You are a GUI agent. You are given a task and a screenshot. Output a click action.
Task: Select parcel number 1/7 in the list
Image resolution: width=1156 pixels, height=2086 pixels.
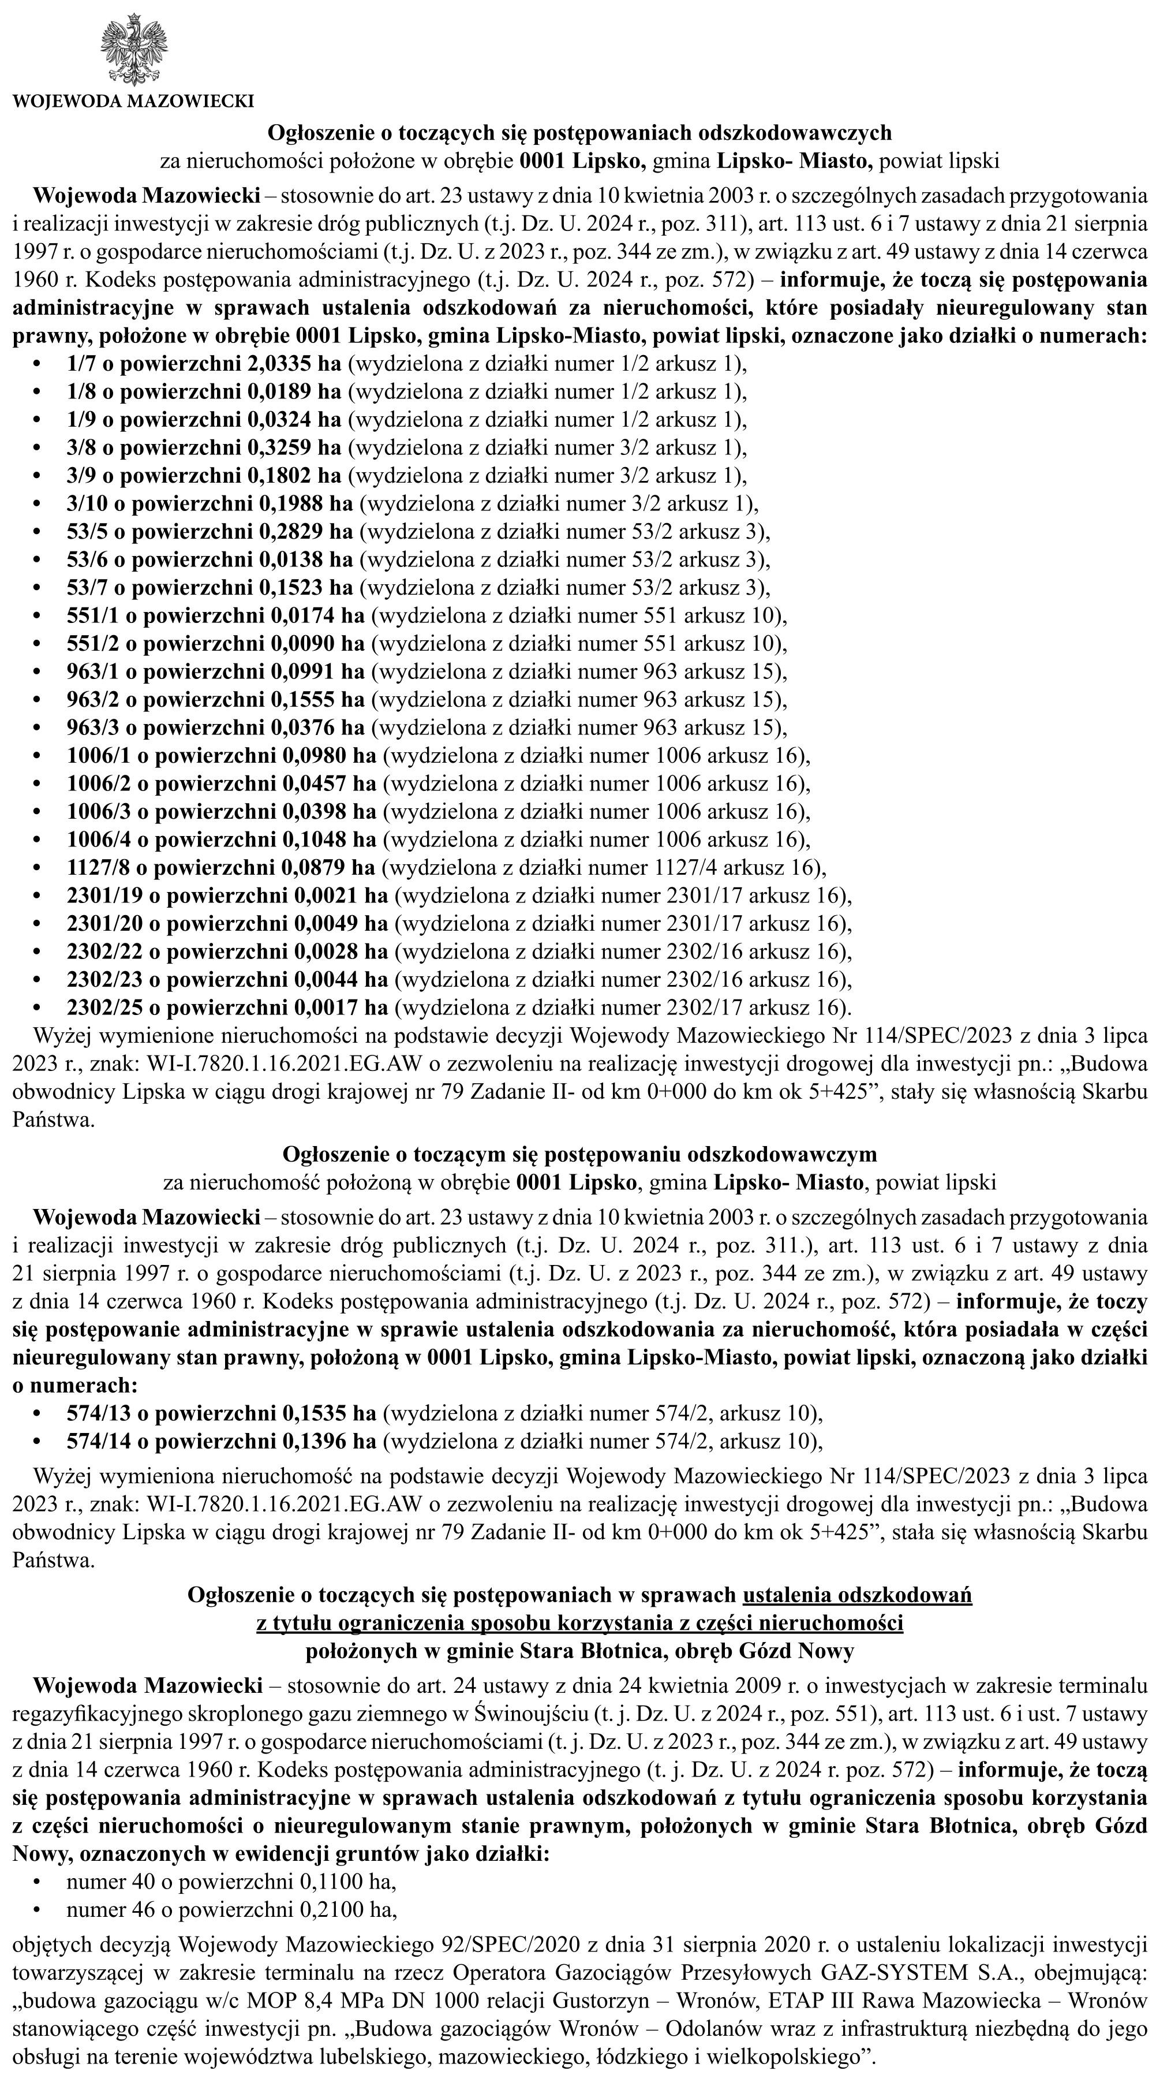point(79,364)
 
